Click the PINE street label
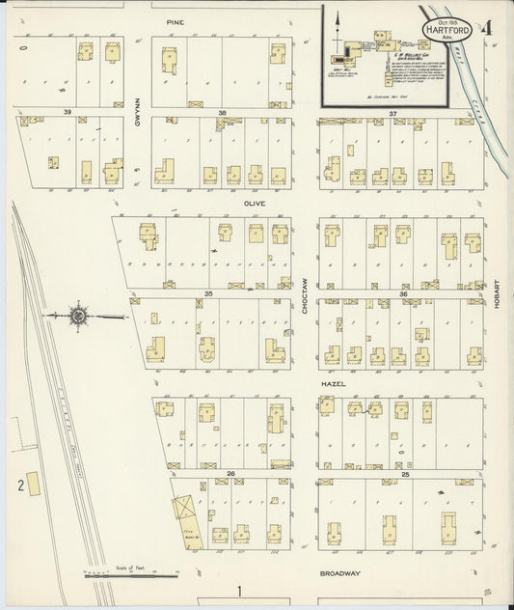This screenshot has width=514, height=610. (175, 20)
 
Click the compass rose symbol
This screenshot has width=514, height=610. (78, 316)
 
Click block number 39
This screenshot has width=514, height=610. (68, 113)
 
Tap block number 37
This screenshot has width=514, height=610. (392, 114)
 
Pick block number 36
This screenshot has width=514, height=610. (403, 293)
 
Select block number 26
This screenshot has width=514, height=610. (231, 473)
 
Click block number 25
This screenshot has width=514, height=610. (405, 474)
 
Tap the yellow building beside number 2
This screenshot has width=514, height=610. (34, 484)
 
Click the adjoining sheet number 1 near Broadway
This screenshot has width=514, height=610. (238, 589)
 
